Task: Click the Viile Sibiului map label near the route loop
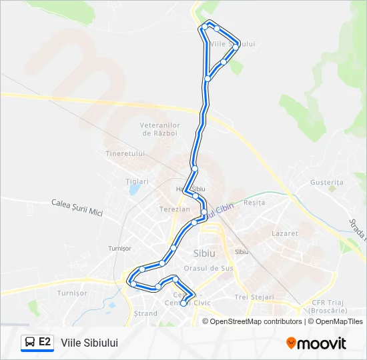click(232, 44)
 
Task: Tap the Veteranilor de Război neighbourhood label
click(160, 129)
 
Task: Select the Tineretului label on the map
click(125, 153)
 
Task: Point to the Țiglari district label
click(137, 181)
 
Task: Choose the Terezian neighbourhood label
click(174, 209)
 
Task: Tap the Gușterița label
click(326, 183)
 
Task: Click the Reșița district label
click(254, 202)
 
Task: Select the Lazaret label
click(285, 233)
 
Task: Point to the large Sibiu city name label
click(204, 253)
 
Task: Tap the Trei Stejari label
click(250, 297)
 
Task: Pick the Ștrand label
click(145, 313)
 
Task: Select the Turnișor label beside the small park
click(72, 293)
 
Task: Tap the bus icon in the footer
click(30, 343)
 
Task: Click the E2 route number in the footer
click(45, 342)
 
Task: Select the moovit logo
click(316, 343)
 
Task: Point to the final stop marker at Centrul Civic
click(184, 304)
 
